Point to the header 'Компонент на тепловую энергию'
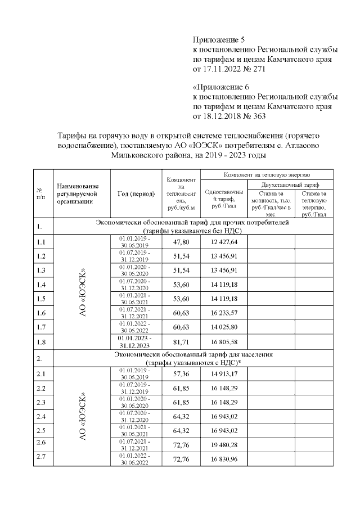pyautogui.click(x=267, y=175)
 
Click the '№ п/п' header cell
pyautogui.click(x=41, y=194)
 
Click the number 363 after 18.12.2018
pyautogui.click(x=260, y=116)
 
